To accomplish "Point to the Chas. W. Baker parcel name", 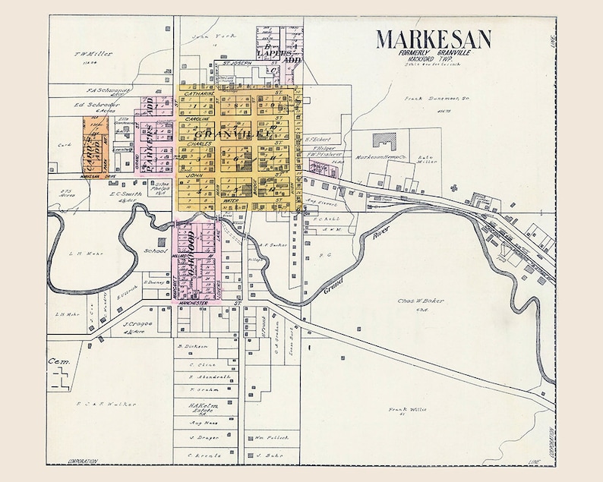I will (419, 301).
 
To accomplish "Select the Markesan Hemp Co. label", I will (378, 157).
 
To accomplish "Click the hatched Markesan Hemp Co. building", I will (385, 141).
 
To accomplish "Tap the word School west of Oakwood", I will (155, 250).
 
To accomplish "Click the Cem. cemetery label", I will (58, 361).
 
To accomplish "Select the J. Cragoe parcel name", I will (137, 324).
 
